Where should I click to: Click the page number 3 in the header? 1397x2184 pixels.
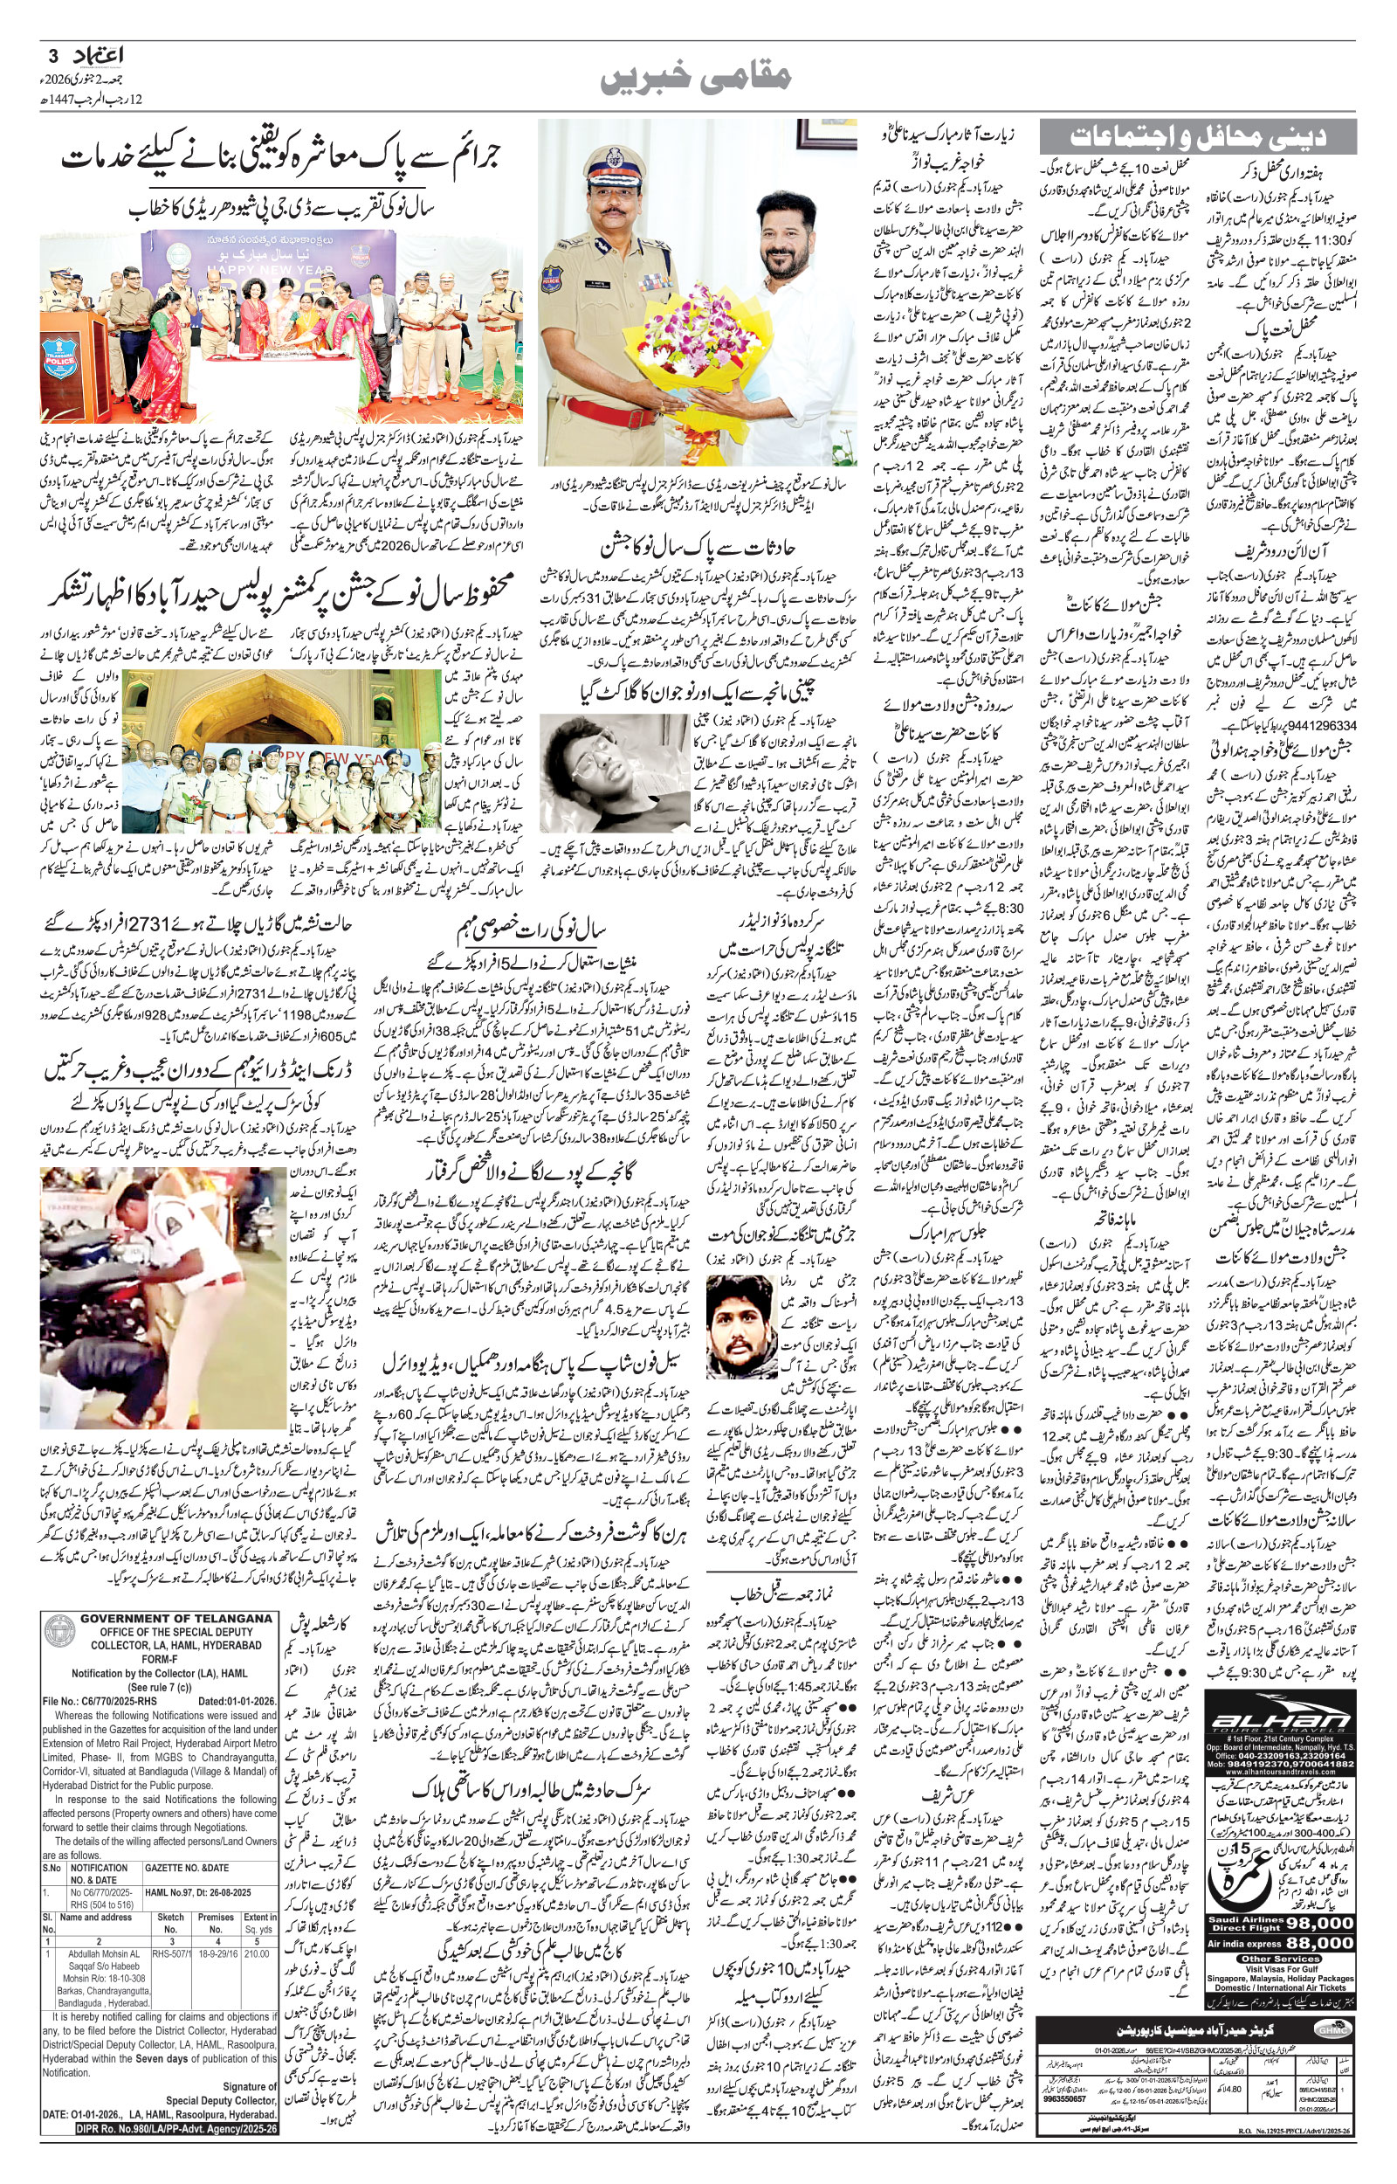pos(52,56)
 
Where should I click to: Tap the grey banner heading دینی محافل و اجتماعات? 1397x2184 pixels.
pos(1197,137)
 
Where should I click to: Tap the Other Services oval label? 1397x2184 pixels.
pos(1280,1959)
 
